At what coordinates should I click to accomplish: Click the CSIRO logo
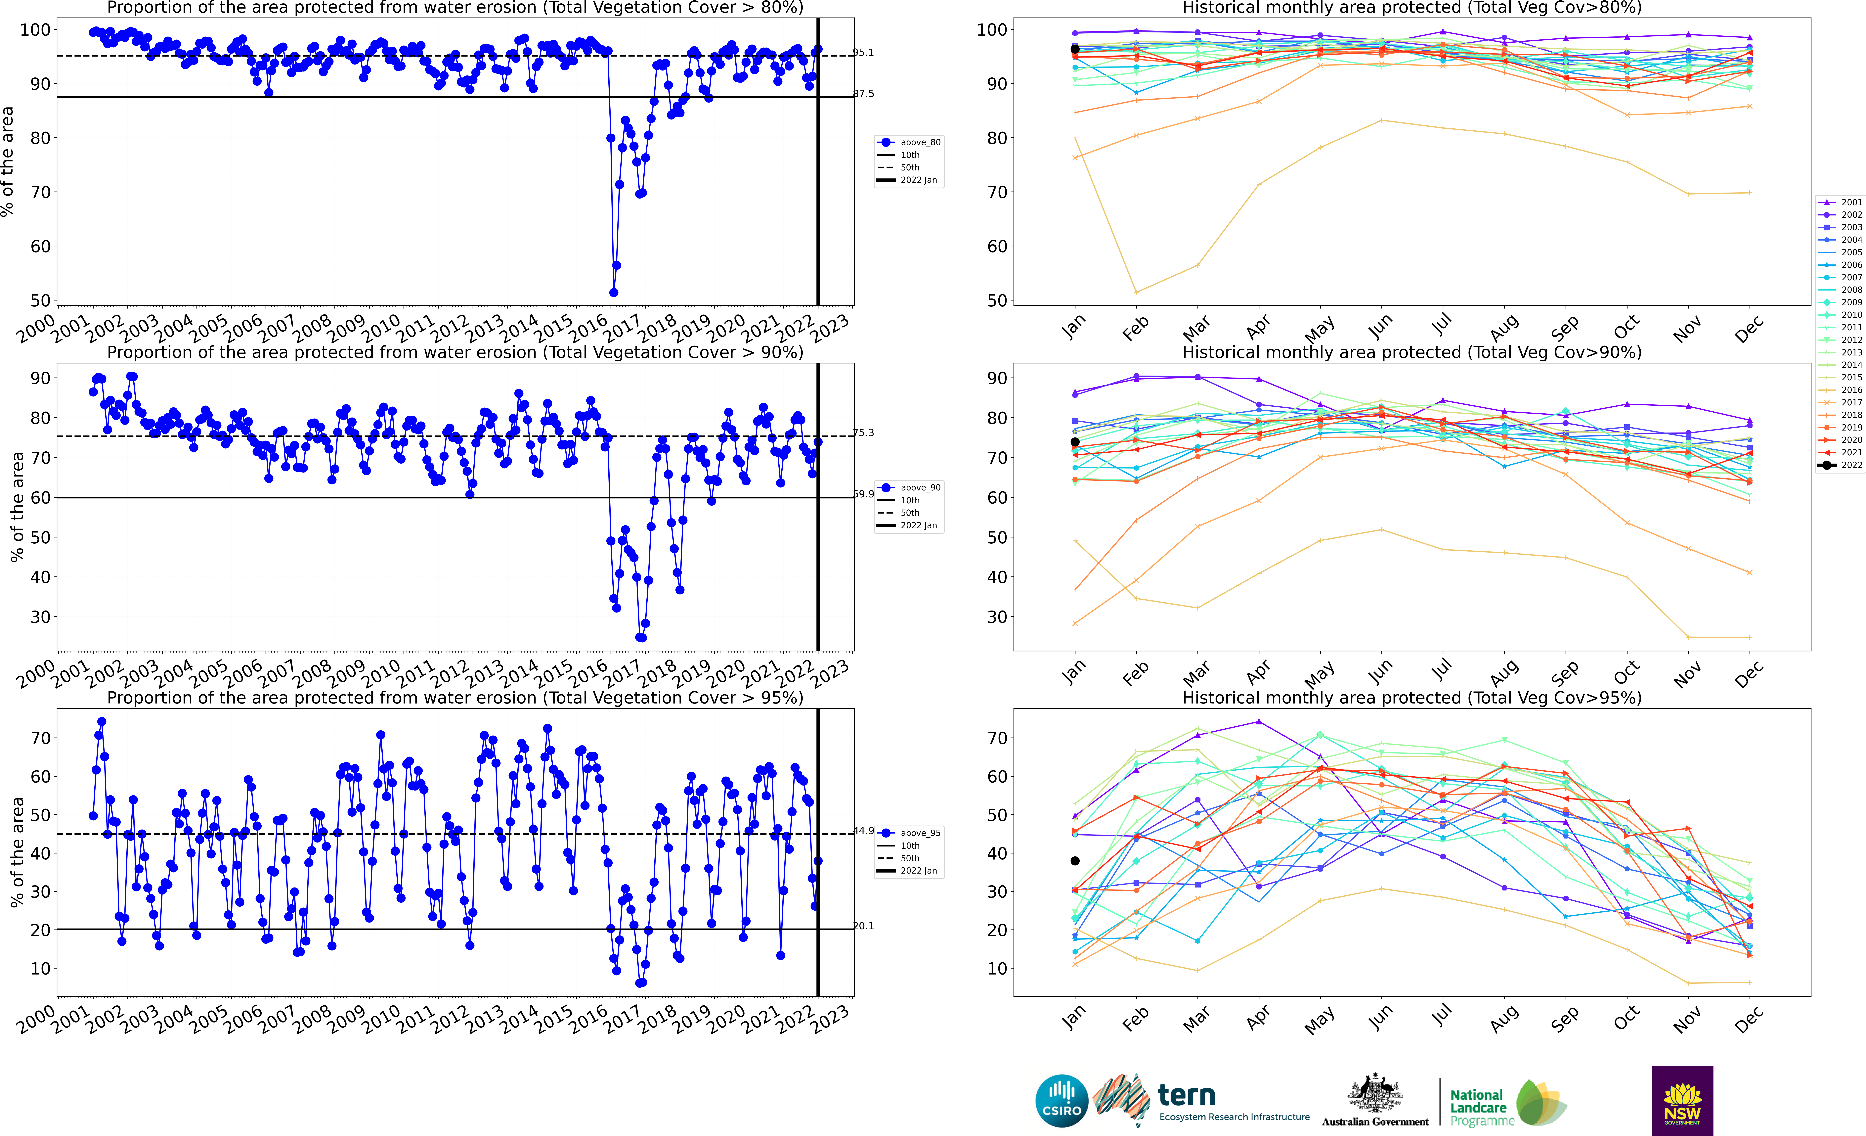pyautogui.click(x=1061, y=1100)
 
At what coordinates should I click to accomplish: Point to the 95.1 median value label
pyautogui.click(x=863, y=52)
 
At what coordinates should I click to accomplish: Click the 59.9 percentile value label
pyautogui.click(x=863, y=494)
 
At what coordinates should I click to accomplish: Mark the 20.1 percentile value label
pyautogui.click(x=863, y=926)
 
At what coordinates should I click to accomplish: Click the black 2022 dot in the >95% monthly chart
pyautogui.click(x=1075, y=861)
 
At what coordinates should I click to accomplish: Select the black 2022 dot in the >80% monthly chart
pyautogui.click(x=1075, y=49)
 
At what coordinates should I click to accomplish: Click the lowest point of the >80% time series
pyautogui.click(x=613, y=292)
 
